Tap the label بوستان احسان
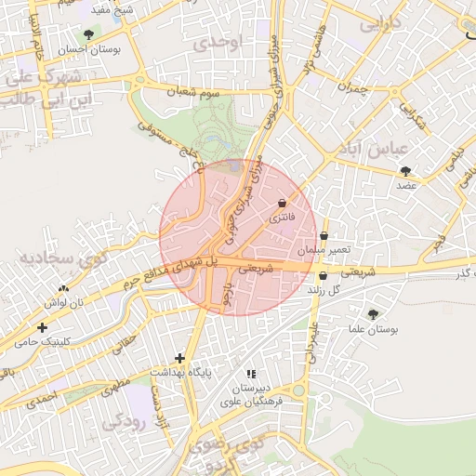point(86,49)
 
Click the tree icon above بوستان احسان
point(87,34)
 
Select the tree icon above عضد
point(405,170)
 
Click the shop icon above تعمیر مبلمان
point(323,236)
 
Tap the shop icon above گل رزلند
point(323,276)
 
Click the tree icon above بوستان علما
point(374,315)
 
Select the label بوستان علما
point(378,330)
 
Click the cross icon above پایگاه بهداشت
point(179,358)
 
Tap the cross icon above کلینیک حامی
point(42,327)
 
